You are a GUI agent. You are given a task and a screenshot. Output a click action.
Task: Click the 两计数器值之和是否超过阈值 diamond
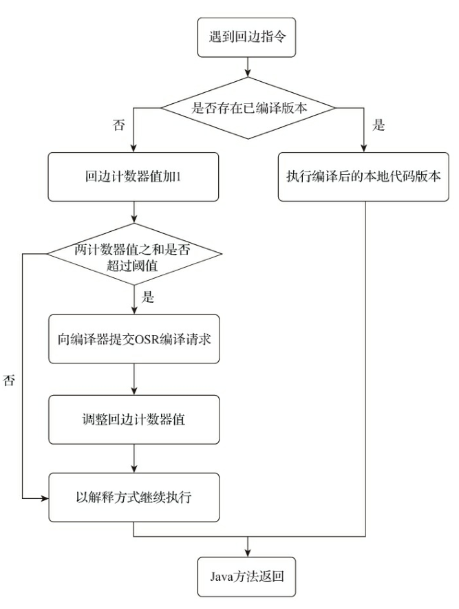133,253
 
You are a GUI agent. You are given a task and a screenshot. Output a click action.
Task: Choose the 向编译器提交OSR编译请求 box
133,338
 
